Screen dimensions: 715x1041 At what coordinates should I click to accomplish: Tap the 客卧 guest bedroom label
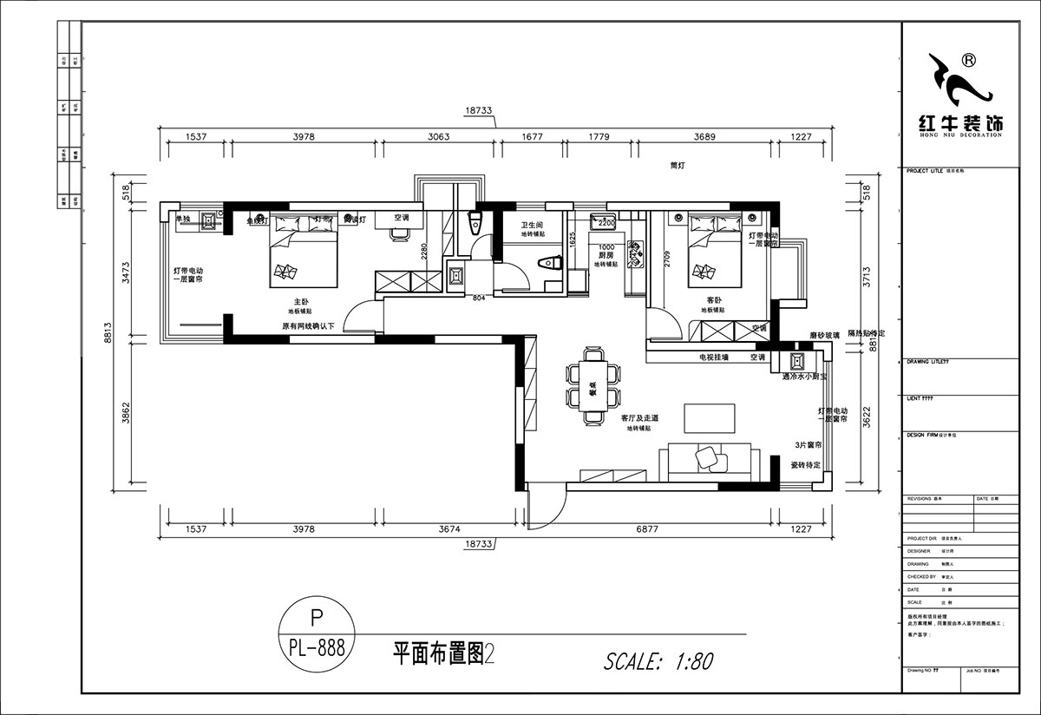click(715, 299)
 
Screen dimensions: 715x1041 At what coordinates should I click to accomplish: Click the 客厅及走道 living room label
click(639, 418)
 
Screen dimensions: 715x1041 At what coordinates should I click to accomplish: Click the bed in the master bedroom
click(304, 252)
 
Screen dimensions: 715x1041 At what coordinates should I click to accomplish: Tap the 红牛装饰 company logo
click(966, 96)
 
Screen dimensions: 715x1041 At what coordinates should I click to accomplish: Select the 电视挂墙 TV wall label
click(714, 357)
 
